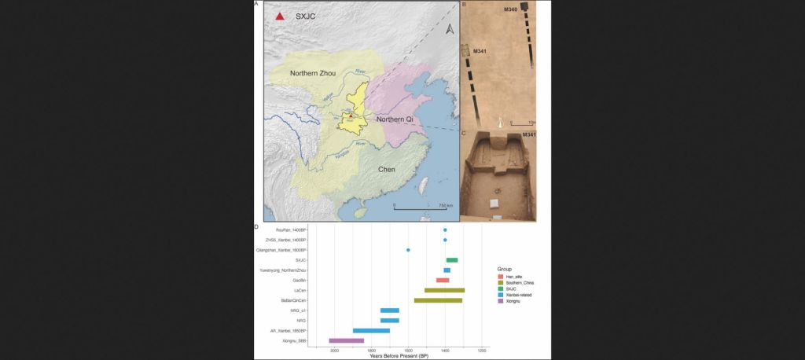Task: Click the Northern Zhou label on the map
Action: click(312, 73)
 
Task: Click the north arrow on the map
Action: click(449, 30)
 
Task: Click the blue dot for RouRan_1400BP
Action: click(445, 230)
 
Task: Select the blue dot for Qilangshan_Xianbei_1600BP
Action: click(408, 250)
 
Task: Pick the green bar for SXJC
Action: click(452, 260)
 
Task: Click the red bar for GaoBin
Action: click(443, 280)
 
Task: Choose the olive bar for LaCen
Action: click(444, 290)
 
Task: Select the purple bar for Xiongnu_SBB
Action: click(347, 340)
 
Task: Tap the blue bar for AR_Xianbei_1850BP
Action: click(371, 330)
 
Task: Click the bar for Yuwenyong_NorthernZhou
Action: click(447, 270)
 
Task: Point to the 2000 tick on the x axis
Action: click(335, 350)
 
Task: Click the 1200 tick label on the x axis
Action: click(482, 350)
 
